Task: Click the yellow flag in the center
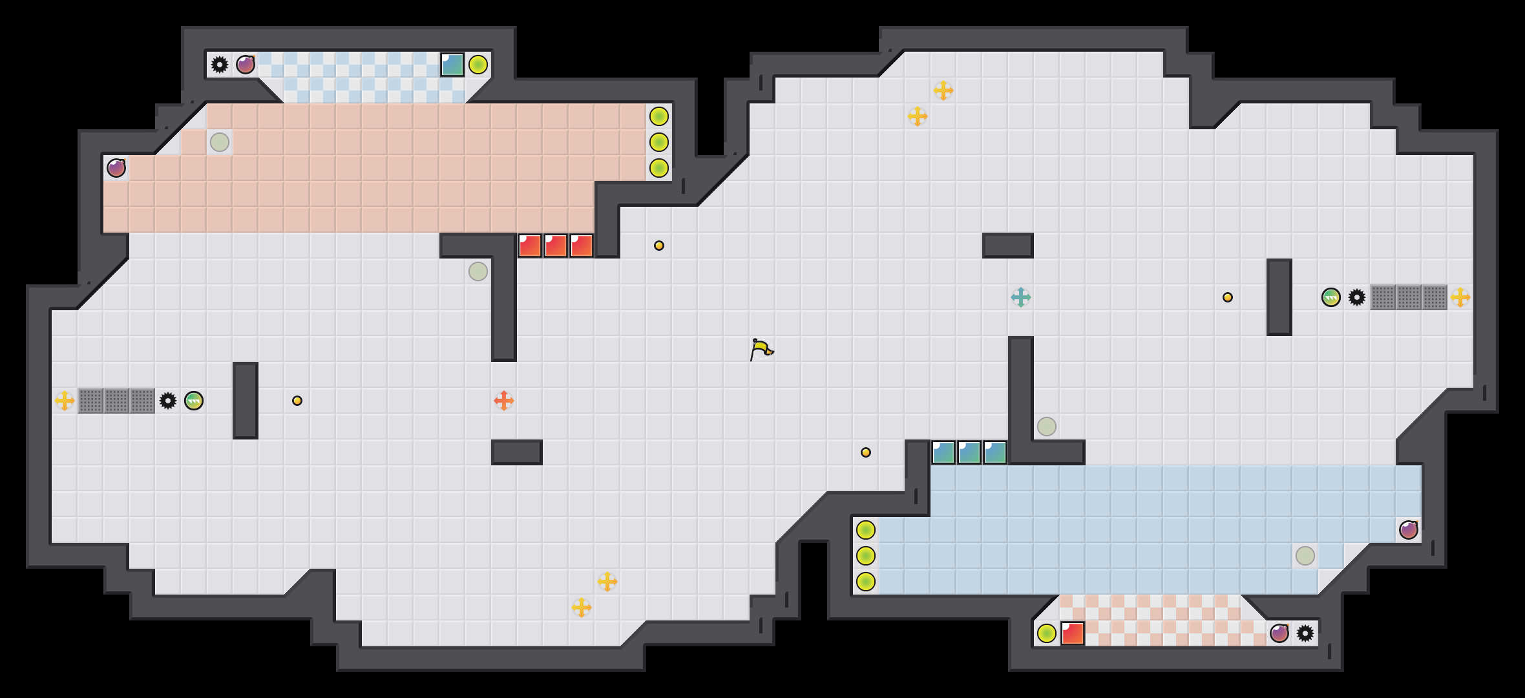[762, 349]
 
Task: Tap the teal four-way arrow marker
[1021, 297]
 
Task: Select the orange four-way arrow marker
[504, 401]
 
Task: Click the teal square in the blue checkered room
[452, 65]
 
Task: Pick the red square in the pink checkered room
[1073, 633]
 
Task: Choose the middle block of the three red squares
[556, 246]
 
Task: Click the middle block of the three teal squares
[969, 452]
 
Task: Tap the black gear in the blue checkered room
[220, 65]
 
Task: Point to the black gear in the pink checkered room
[1305, 633]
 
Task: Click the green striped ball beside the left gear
[194, 401]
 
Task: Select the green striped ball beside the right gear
[1331, 297]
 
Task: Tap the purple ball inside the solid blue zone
[1409, 530]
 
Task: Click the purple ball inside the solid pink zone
[116, 168]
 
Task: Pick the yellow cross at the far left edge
[65, 401]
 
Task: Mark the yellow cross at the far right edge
[1460, 297]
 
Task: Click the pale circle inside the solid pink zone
[220, 142]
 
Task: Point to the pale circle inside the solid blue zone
[1305, 556]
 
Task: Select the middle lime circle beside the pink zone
[659, 142]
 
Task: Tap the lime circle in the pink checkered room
[1047, 633]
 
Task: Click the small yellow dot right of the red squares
[659, 246]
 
